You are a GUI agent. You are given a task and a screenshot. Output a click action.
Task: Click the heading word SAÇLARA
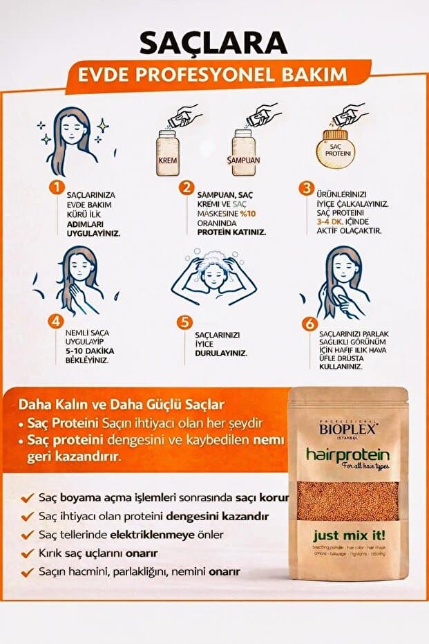[213, 42]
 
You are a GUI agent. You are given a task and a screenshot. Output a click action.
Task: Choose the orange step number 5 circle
[184, 322]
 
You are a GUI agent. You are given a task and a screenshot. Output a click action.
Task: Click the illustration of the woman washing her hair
[213, 279]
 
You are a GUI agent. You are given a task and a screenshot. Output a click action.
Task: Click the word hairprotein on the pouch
[349, 457]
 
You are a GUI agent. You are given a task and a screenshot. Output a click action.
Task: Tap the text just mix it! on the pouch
[348, 534]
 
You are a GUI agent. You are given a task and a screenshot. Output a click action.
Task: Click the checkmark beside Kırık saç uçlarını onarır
[27, 553]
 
